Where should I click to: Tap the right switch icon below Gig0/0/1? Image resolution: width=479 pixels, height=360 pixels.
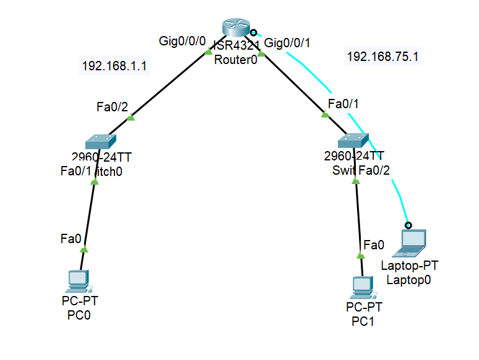pos(353,140)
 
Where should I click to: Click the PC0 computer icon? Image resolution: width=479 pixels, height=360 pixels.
pos(79,281)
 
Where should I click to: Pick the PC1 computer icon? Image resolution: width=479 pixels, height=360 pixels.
pos(363,287)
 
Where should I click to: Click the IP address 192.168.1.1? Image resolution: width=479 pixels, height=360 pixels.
pos(114,65)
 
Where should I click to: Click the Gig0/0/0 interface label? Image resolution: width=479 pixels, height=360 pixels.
pos(182,42)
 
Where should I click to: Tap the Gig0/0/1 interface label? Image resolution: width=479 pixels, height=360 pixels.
pos(287,43)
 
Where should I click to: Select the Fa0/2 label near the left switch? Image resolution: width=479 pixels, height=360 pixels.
pos(112,106)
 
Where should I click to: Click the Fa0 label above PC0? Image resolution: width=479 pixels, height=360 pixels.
pos(70,238)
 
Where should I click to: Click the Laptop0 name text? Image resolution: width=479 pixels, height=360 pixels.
pos(409,280)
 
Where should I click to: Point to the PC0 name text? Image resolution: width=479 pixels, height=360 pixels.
pos(79,315)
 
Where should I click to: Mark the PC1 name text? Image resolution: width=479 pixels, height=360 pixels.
pos(364,321)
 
